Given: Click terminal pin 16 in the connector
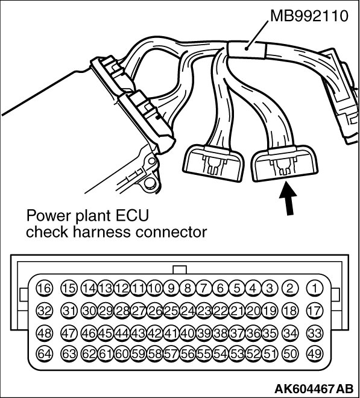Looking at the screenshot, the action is coord(45,288).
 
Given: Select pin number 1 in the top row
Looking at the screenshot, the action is coord(315,288).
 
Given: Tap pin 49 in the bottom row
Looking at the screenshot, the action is coord(315,354).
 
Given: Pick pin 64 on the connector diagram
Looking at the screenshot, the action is coord(45,354).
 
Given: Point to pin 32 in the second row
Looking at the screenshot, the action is coord(45,311).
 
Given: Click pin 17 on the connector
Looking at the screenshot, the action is coord(315,311).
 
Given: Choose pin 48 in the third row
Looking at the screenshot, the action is coord(45,333).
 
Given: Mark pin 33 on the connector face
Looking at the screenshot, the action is coord(315,333).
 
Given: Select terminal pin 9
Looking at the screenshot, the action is coord(171,288).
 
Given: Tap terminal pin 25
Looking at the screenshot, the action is coord(171,311).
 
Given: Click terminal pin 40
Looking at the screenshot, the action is coord(188,333).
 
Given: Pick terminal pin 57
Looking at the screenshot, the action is coord(171,354).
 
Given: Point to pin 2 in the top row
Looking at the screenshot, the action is coord(289,288).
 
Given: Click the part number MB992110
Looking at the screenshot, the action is coord(309,16).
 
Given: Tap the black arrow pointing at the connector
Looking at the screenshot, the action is coord(288,198).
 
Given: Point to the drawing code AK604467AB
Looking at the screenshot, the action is coord(314,388).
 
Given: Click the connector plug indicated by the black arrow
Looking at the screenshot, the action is coord(285,163).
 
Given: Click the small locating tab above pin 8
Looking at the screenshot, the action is coord(179,270).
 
